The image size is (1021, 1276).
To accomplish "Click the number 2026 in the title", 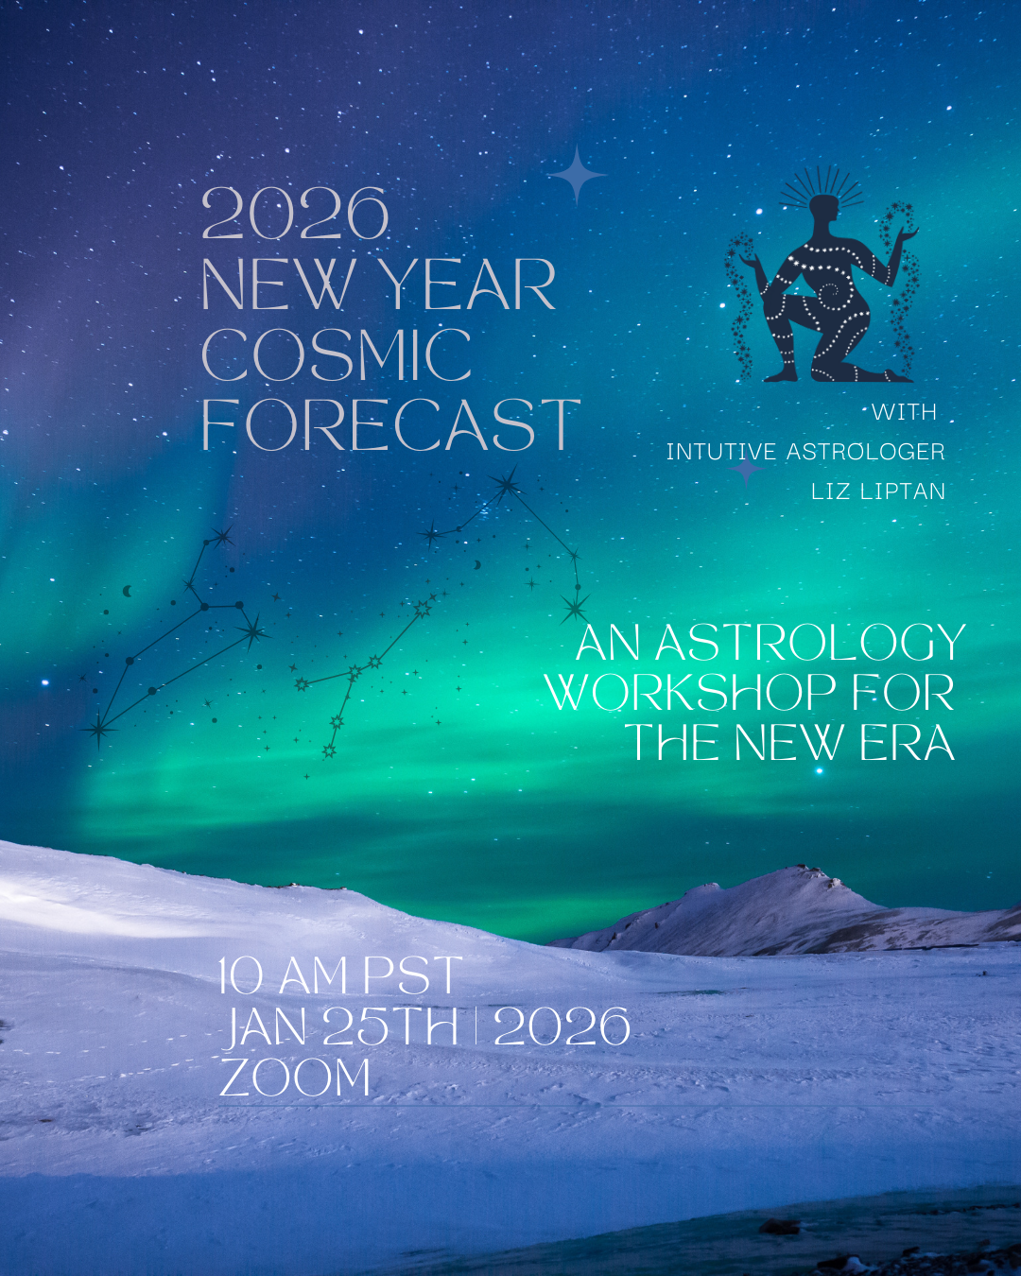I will point(295,215).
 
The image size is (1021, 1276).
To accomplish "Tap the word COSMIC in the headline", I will point(337,355).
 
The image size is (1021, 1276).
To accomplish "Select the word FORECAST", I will point(389,425).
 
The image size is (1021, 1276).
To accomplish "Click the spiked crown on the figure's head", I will point(822,188).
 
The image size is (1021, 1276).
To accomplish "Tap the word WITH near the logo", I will point(904,412).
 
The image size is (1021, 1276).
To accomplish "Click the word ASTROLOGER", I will point(865,452).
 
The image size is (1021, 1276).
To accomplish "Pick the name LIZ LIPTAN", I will point(877,491).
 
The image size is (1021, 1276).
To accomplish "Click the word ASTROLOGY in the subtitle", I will point(810,644).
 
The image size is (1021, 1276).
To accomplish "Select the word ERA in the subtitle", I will point(907,744).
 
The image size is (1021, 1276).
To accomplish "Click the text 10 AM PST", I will point(339,976).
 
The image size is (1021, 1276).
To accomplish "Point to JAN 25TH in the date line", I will point(341,1027).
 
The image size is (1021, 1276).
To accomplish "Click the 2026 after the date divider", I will point(562,1027).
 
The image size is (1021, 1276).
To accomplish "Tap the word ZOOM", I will point(295,1078).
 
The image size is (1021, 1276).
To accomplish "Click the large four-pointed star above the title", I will point(577,176).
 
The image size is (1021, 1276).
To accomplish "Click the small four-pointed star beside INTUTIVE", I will point(746,469).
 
